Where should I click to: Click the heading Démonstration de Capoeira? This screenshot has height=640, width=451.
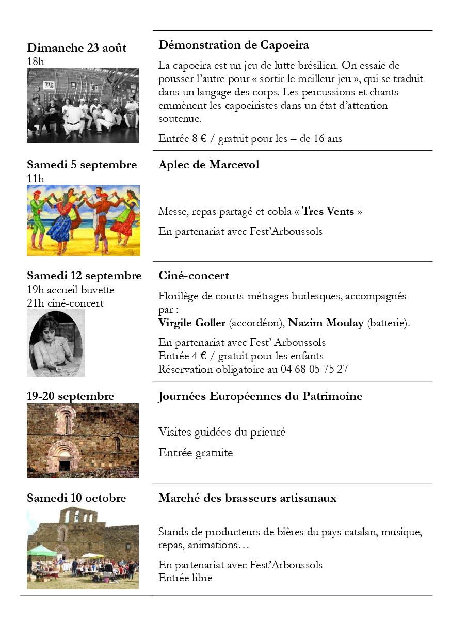coord(233,45)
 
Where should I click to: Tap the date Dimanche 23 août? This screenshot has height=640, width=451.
coord(76,48)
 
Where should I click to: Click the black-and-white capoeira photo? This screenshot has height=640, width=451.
coord(83,105)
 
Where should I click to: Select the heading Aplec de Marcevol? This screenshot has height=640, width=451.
coord(208,165)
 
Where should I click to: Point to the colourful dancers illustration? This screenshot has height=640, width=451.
coord(83,220)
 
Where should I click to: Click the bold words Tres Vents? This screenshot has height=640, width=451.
coord(328,212)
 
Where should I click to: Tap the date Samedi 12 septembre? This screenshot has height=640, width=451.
coord(84,276)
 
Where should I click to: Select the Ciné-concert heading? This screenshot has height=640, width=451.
coord(194,276)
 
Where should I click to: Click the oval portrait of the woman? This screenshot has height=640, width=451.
coord(55,343)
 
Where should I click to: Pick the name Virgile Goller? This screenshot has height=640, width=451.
coord(191,323)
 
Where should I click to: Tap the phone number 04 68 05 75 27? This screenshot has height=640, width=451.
coord(314,370)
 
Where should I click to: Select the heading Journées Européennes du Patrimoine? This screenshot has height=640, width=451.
coord(260,396)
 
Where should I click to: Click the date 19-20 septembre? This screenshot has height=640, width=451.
coord(70,396)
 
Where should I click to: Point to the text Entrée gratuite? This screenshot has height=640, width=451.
coord(196,453)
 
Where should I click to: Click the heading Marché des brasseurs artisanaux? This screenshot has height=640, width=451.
coord(247,498)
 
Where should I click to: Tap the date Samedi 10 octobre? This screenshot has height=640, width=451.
coord(76,498)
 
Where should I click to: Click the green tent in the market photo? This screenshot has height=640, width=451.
coord(41,551)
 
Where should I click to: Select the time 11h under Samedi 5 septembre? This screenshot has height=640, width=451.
coord(36,179)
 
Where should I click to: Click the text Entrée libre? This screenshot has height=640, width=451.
coord(185,578)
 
